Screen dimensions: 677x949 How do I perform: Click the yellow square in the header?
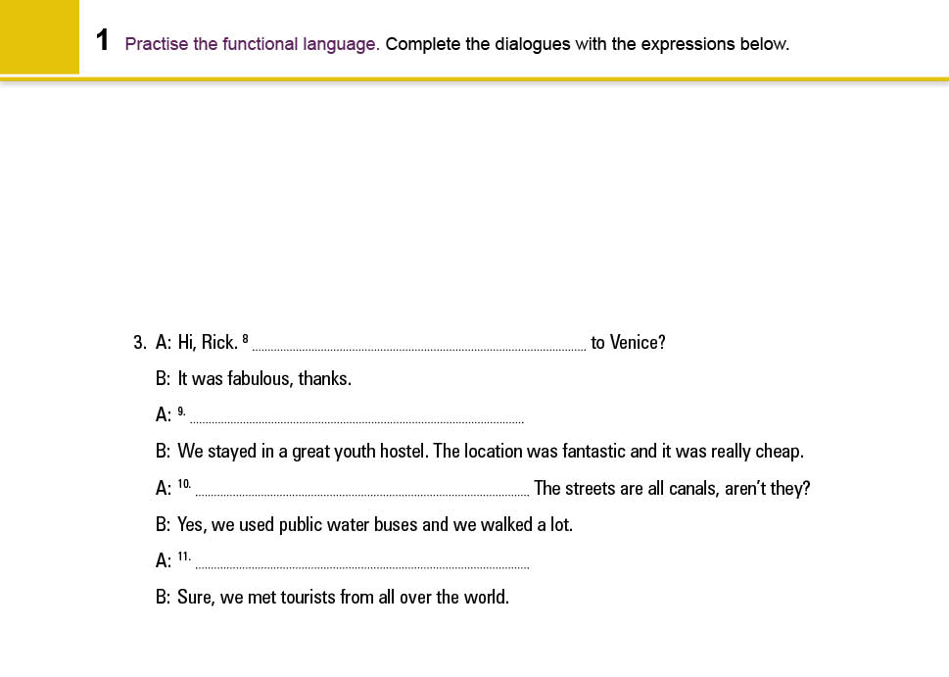[x=39, y=37]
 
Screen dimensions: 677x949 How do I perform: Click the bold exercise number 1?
[x=103, y=41]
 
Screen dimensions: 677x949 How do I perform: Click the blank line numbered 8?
[x=419, y=347]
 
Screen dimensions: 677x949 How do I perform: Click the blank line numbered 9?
[x=356, y=420]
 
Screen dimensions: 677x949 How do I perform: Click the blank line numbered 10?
[x=362, y=493]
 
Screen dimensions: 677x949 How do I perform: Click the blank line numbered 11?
[x=362, y=566]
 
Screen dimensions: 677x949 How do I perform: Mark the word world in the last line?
[x=486, y=597]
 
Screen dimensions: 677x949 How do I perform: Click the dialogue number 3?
[x=138, y=343]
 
